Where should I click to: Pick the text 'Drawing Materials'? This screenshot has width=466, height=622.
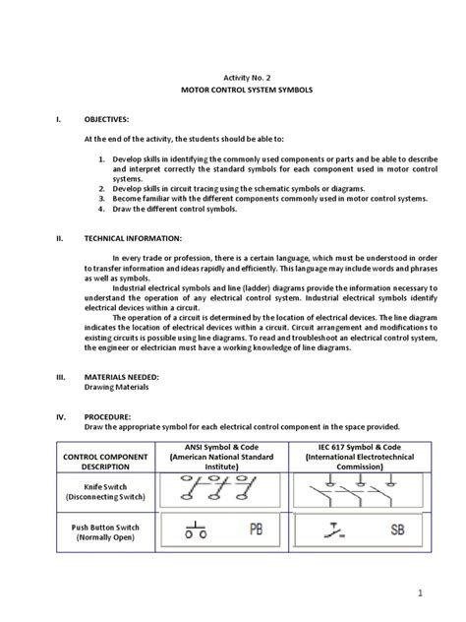[115, 387]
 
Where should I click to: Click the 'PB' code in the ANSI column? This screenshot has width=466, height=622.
[256, 532]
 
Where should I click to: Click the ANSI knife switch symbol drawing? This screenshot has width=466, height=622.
[218, 488]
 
